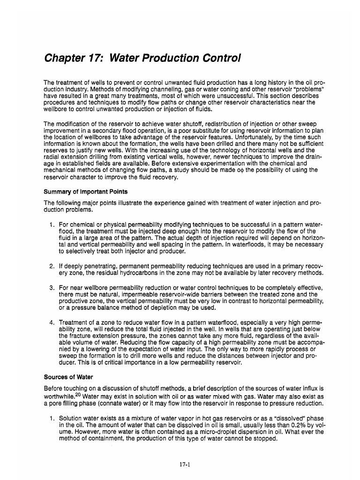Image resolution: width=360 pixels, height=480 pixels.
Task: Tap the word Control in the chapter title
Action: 220,59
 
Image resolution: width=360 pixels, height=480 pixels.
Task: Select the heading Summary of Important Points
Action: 85,192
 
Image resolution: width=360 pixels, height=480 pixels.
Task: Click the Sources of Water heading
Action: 68,376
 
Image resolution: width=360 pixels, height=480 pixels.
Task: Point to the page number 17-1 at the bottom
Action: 180,465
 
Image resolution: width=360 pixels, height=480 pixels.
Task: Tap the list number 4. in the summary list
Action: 52,322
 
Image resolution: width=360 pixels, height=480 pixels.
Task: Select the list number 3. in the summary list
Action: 52,287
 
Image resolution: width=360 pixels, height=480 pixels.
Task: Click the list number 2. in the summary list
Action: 52,266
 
